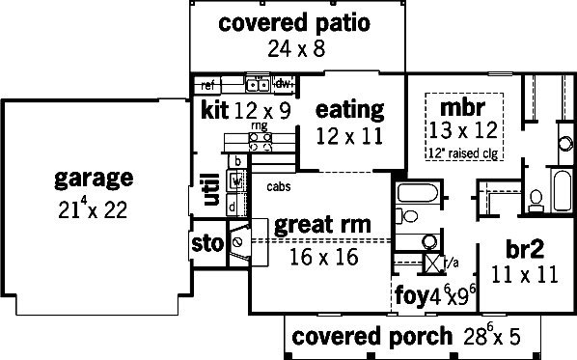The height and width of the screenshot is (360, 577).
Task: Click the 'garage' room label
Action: click(94, 180)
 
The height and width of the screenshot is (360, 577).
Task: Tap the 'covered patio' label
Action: click(294, 23)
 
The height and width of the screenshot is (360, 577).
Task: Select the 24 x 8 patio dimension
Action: click(296, 48)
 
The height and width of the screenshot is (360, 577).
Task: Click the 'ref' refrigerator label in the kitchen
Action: click(207, 86)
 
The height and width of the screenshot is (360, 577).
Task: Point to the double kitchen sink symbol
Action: click(258, 85)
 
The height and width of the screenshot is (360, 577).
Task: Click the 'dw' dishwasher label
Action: click(283, 84)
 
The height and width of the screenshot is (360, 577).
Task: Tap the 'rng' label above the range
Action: click(260, 125)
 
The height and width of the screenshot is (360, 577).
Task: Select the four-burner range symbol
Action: click(261, 142)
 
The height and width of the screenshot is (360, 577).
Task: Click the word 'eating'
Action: click(350, 110)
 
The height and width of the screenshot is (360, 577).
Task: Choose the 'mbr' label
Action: click(462, 107)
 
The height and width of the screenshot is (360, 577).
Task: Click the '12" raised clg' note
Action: click(463, 153)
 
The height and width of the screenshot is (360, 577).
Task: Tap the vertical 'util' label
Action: click(211, 189)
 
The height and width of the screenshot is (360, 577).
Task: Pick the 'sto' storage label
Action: click(207, 243)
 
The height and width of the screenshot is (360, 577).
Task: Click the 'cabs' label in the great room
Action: click(279, 186)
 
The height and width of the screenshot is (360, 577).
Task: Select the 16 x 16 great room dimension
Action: click(324, 257)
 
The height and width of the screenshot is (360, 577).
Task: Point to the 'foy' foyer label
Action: click(412, 294)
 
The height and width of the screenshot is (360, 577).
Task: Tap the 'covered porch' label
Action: click(371, 337)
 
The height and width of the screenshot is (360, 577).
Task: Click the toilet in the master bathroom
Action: click(536, 201)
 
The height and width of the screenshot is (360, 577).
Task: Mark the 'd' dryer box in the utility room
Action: click(233, 208)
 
